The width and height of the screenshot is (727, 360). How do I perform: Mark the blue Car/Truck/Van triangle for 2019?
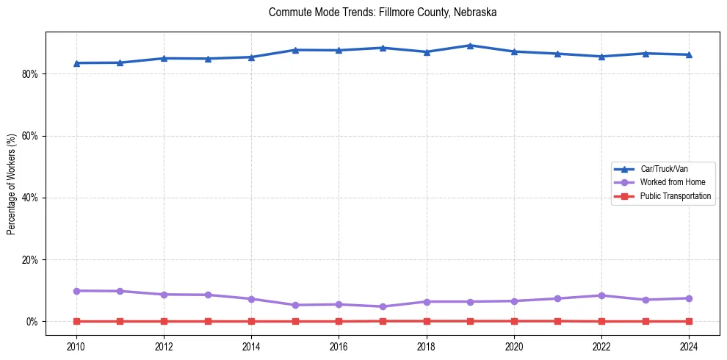[470, 46]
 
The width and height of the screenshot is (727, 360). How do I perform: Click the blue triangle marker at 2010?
[76, 63]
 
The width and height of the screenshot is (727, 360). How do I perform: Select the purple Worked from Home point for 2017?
[383, 306]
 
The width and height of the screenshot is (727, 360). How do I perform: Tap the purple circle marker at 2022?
[601, 295]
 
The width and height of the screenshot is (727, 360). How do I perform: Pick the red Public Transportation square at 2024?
[689, 321]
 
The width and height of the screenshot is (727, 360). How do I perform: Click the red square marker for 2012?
[164, 321]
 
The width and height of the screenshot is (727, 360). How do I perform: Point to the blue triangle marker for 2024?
[689, 54]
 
